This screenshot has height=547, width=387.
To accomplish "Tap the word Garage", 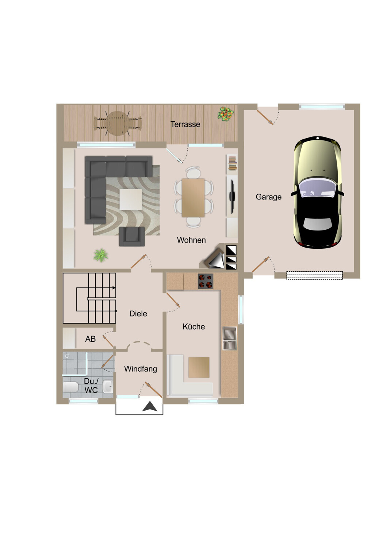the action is tap(268, 197).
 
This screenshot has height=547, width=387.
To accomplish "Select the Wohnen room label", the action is tap(191, 240).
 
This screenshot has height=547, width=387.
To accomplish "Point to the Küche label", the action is tap(193, 326).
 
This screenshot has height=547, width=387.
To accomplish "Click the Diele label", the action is tap(138, 313).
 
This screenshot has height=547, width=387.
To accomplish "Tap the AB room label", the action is tap(90, 339).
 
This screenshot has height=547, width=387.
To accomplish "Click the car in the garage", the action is tap(317, 193).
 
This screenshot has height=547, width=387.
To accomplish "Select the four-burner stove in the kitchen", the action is tap(205, 281).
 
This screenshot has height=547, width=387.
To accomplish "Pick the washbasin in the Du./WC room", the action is tap(108, 387).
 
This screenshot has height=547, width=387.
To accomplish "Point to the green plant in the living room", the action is tap(101, 255).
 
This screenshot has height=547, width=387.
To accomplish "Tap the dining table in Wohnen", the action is tap(193, 198).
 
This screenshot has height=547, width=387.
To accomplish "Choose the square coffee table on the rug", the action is tap(131, 199).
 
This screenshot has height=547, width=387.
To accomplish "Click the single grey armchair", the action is tap(132, 236).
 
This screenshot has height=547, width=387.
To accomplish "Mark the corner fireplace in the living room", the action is tap(215, 259).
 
